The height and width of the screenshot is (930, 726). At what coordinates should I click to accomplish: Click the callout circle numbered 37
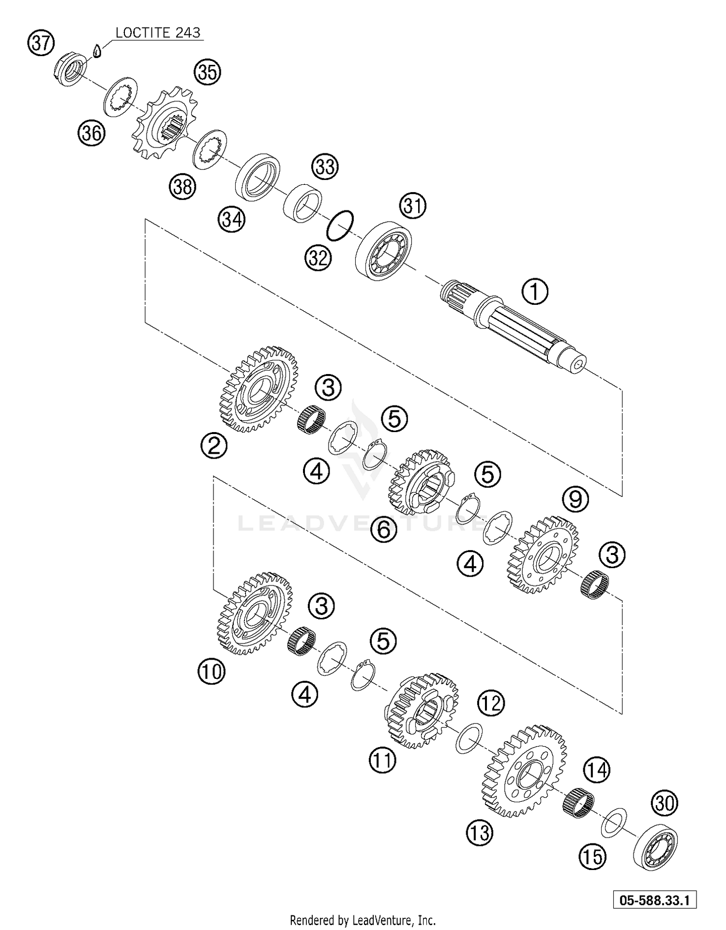tap(41, 43)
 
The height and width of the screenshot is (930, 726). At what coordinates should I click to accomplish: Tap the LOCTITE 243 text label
tap(158, 32)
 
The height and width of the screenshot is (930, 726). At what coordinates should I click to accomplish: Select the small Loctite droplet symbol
tap(97, 51)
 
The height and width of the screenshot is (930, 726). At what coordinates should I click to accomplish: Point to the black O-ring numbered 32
tap(341, 225)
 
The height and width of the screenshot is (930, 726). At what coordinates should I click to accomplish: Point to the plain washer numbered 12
tap(469, 738)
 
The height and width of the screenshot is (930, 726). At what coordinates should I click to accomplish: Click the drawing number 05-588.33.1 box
tap(654, 900)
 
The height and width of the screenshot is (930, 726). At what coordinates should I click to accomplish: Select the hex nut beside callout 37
tap(70, 71)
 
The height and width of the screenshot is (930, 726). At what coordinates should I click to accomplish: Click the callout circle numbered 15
tap(592, 857)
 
